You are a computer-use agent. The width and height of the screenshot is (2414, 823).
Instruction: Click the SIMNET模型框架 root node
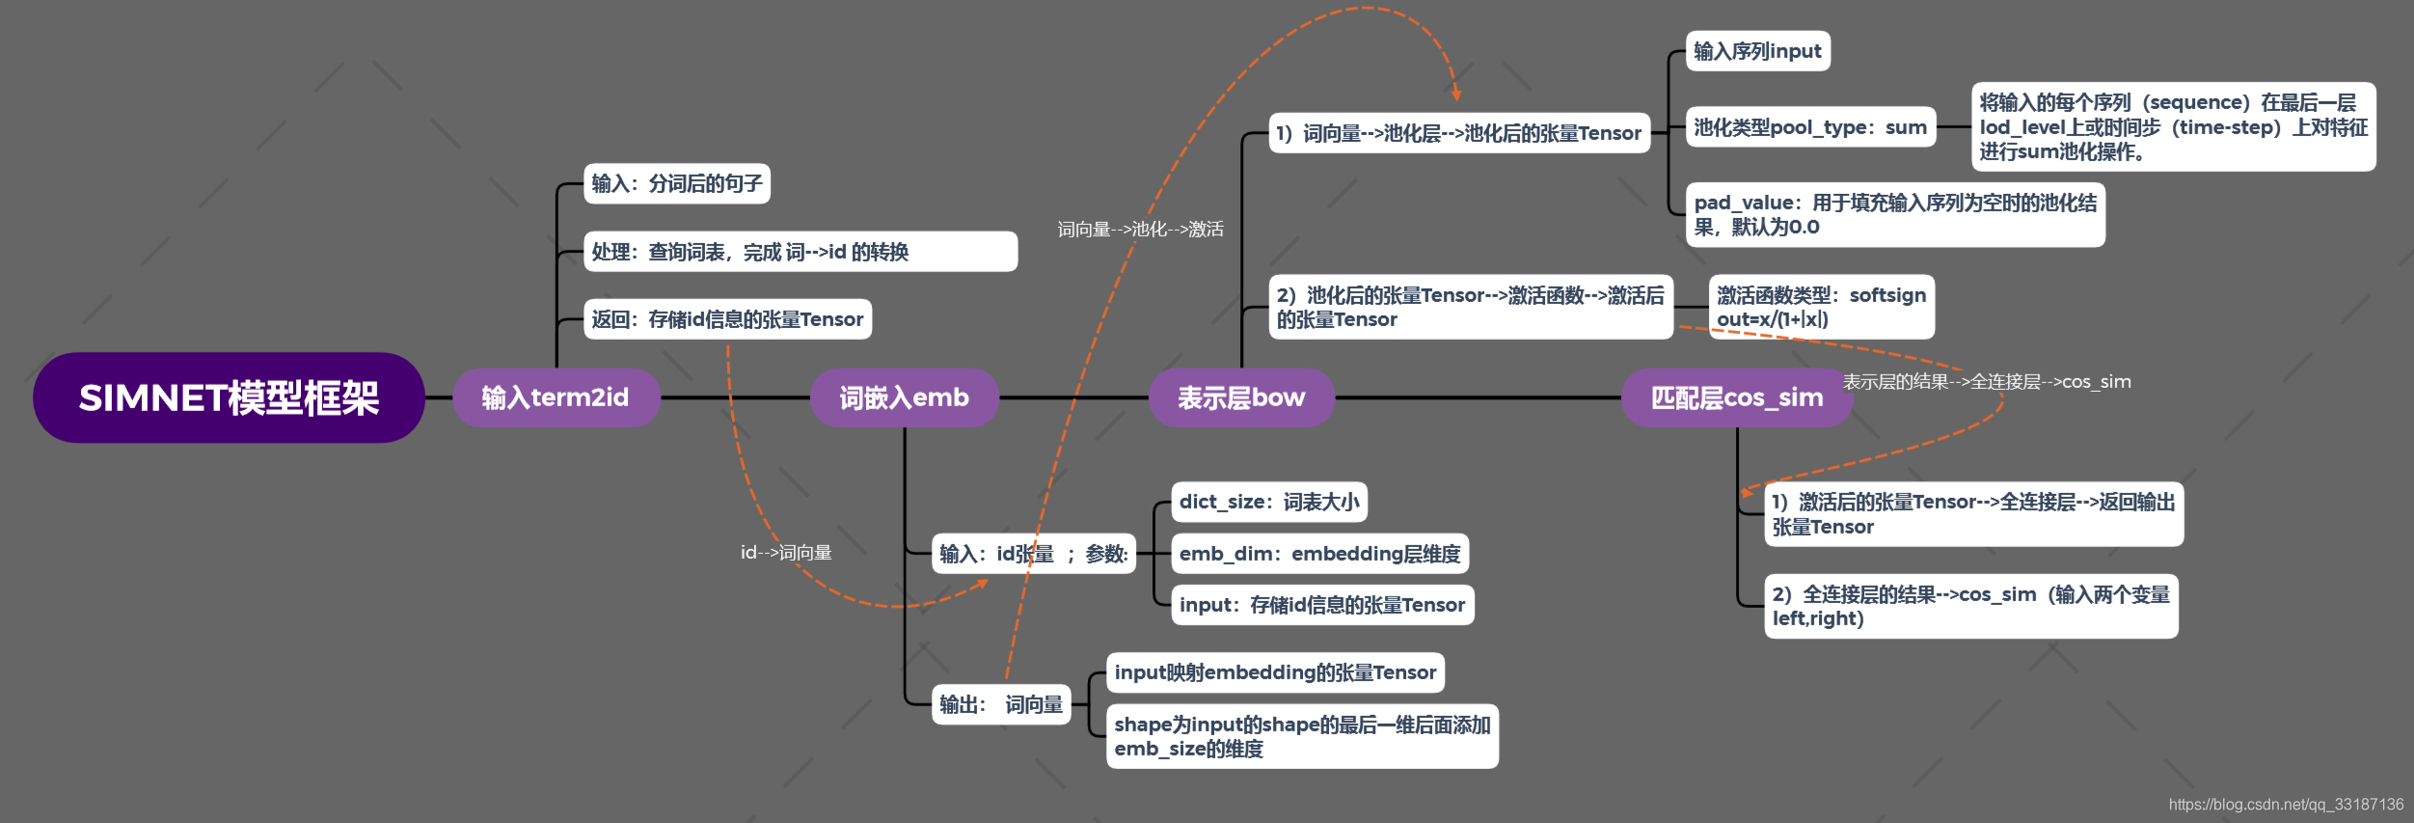click(x=229, y=398)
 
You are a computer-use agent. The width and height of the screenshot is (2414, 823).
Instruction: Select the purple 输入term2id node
click(x=556, y=398)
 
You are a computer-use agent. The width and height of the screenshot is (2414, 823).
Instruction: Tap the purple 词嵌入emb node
click(x=905, y=398)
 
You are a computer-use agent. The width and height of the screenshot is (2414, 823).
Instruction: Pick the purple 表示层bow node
click(x=1241, y=398)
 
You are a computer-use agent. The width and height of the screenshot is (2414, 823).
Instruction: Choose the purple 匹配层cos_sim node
click(x=1737, y=398)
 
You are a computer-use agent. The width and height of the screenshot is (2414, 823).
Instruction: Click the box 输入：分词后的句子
click(x=677, y=183)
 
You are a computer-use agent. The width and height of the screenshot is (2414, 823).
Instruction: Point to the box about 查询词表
click(x=800, y=251)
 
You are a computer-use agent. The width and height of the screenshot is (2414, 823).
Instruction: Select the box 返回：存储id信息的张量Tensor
click(x=727, y=319)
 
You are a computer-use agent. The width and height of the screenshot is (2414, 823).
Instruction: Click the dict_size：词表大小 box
click(x=1269, y=502)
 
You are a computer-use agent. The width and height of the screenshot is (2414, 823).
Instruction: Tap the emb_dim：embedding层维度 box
click(x=1320, y=554)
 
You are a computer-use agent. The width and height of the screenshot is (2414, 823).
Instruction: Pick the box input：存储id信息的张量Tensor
click(x=1322, y=605)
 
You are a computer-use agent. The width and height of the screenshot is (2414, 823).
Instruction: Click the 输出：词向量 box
click(x=1001, y=704)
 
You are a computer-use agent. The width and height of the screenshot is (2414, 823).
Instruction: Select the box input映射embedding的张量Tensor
click(x=1275, y=672)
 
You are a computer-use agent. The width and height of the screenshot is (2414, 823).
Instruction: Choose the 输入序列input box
click(x=1758, y=51)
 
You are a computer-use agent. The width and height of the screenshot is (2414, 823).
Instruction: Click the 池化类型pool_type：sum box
click(x=1811, y=127)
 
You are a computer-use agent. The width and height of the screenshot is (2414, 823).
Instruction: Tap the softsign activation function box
click(x=1822, y=307)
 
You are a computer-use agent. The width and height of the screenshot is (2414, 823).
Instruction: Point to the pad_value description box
click(x=1895, y=214)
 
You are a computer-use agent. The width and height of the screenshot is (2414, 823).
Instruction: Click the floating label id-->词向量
click(x=786, y=553)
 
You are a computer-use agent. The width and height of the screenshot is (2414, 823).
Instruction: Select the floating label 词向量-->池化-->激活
click(x=1141, y=229)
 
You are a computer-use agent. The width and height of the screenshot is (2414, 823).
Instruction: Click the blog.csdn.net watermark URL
click(x=2286, y=805)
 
